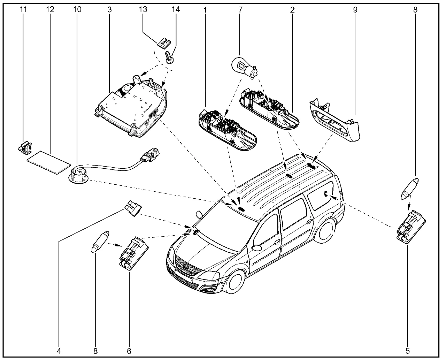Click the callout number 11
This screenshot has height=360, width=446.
click(23, 9)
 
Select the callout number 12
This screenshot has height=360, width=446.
click(50, 9)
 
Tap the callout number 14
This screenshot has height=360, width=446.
click(176, 9)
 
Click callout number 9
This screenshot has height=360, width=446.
click(355, 9)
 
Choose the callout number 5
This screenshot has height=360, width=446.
click(407, 351)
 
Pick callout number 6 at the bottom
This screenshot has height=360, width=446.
click(129, 351)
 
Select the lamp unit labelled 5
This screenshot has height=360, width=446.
click(411, 225)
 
